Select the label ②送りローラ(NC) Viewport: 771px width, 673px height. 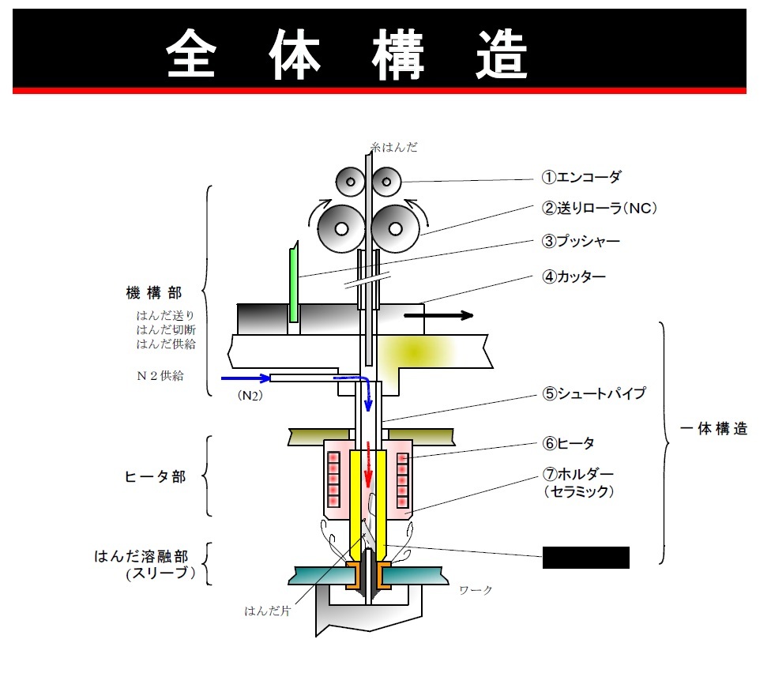pos(600,209)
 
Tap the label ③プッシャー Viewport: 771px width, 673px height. pos(581,242)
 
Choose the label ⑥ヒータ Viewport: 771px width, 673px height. pos(568,443)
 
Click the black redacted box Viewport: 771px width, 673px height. pos(585,558)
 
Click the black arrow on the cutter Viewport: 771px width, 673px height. pos(438,315)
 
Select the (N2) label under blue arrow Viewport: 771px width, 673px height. pos(250,396)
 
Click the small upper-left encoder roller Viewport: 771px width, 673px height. pos(350,182)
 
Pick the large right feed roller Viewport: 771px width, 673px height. pos(395,227)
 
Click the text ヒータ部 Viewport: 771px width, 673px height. pos(156,477)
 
